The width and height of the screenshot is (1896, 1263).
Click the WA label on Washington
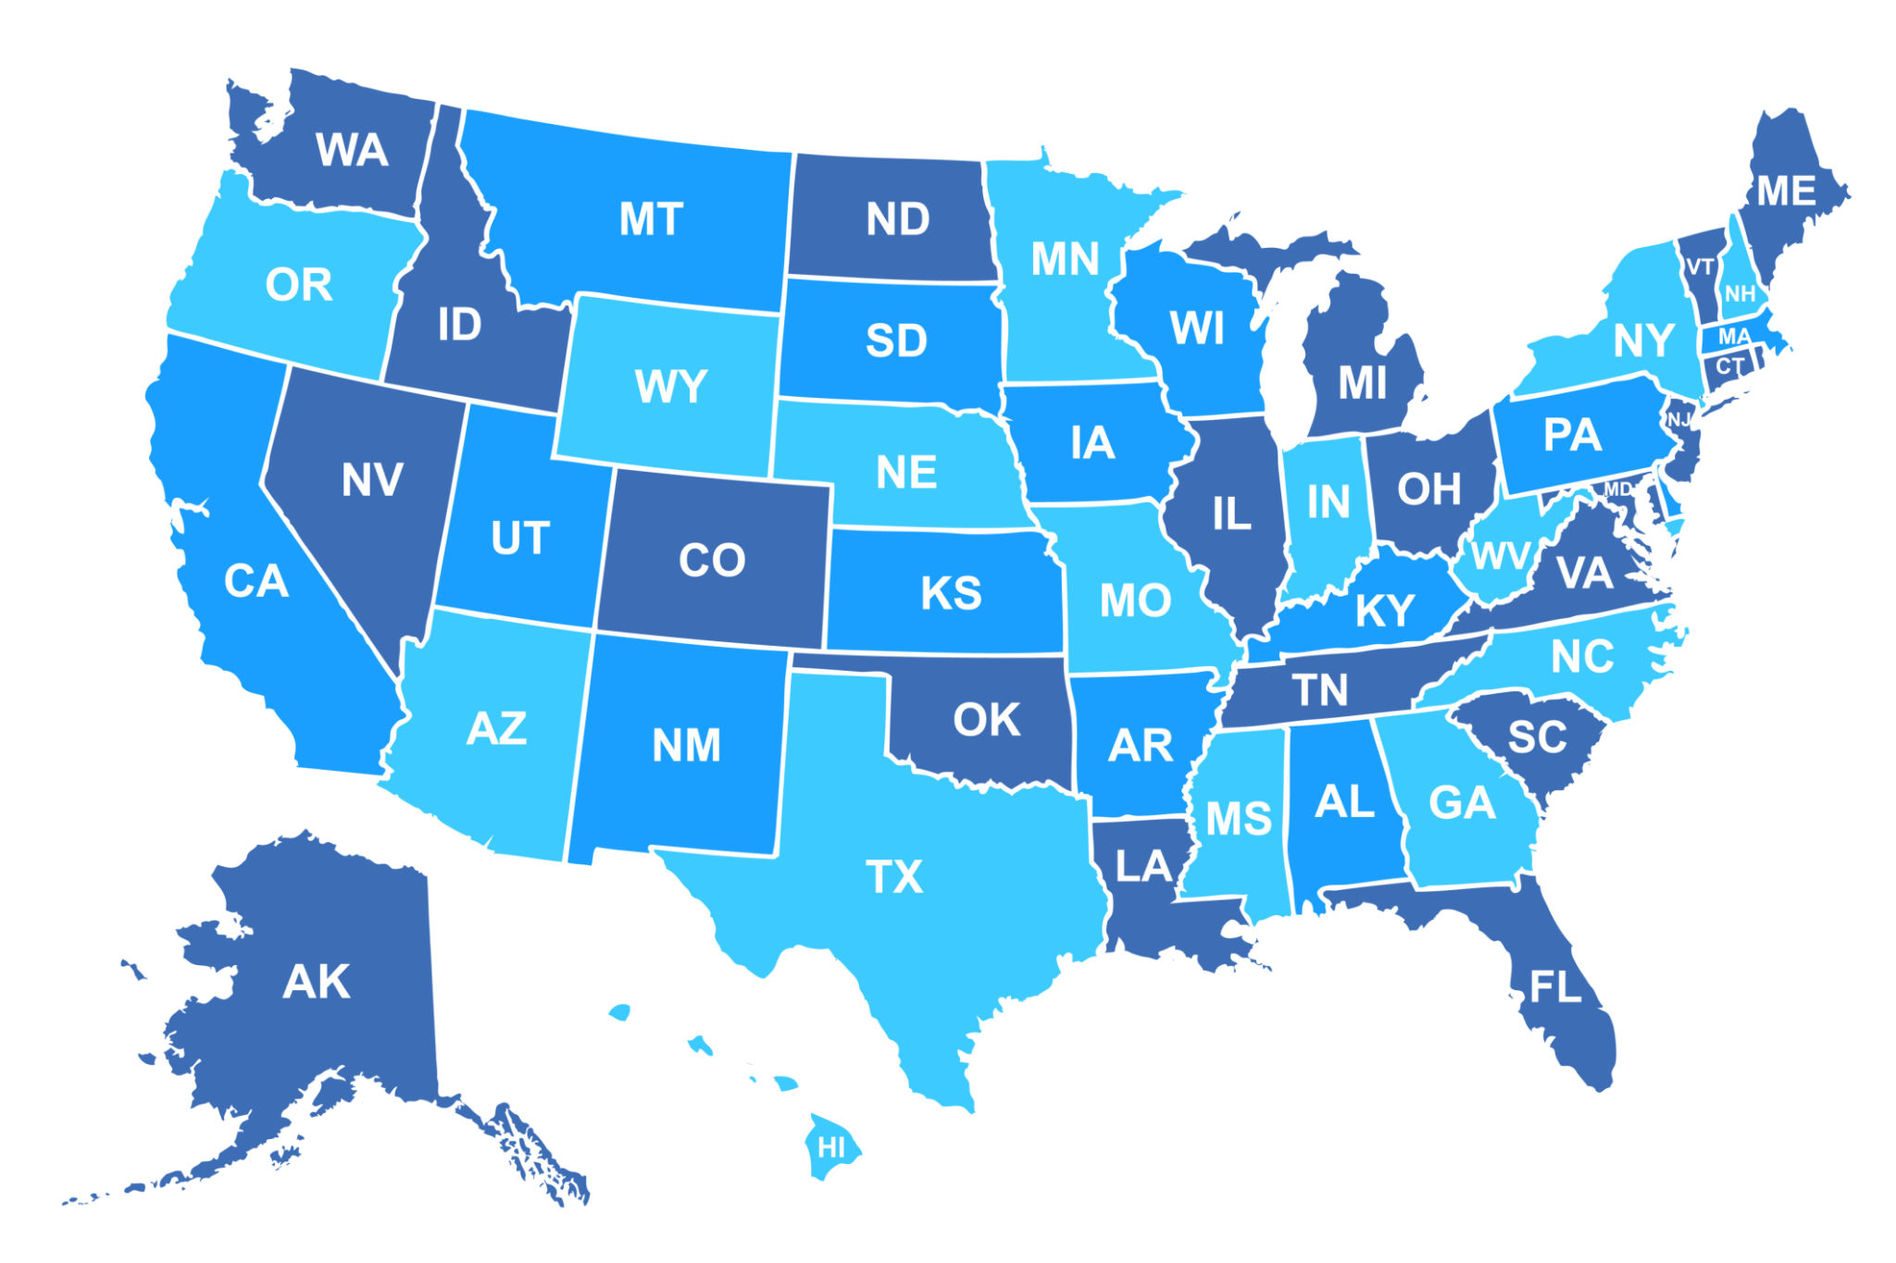pos(351,150)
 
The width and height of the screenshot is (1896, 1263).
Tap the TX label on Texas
pos(894,876)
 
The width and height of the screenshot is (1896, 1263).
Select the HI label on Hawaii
pos(831,1148)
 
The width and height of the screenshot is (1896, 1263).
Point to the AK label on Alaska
pos(317,982)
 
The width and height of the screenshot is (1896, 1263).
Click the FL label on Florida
pos(1555,987)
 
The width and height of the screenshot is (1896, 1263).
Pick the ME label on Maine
pos(1786,192)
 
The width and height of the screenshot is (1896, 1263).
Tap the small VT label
pos(1700,267)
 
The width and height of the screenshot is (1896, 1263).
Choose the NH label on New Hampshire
pos(1740,294)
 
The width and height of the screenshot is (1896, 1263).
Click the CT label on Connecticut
pos(1729,365)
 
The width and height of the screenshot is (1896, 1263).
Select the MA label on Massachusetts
pos(1734,337)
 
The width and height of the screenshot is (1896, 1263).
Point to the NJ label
pos(1679,420)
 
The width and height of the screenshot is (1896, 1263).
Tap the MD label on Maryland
pos(1618,489)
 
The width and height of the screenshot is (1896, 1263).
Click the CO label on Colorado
pos(712,560)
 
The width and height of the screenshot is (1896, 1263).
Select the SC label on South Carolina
pos(1537,737)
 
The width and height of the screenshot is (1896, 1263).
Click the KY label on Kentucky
pos(1385,610)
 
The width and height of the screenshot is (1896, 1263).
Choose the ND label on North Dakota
pos(897,219)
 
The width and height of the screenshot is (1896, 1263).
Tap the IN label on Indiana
pos(1328,502)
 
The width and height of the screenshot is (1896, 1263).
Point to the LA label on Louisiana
pos(1144,867)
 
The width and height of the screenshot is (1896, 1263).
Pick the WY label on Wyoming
pos(671,386)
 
